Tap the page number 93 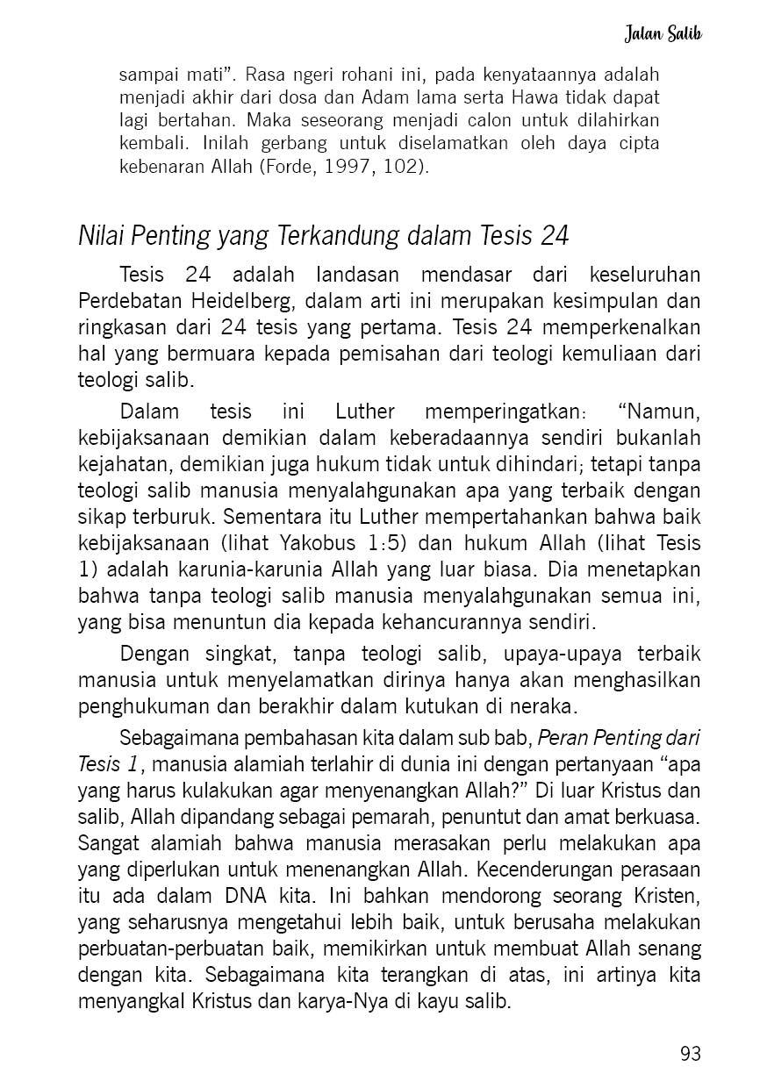coord(690,1053)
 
